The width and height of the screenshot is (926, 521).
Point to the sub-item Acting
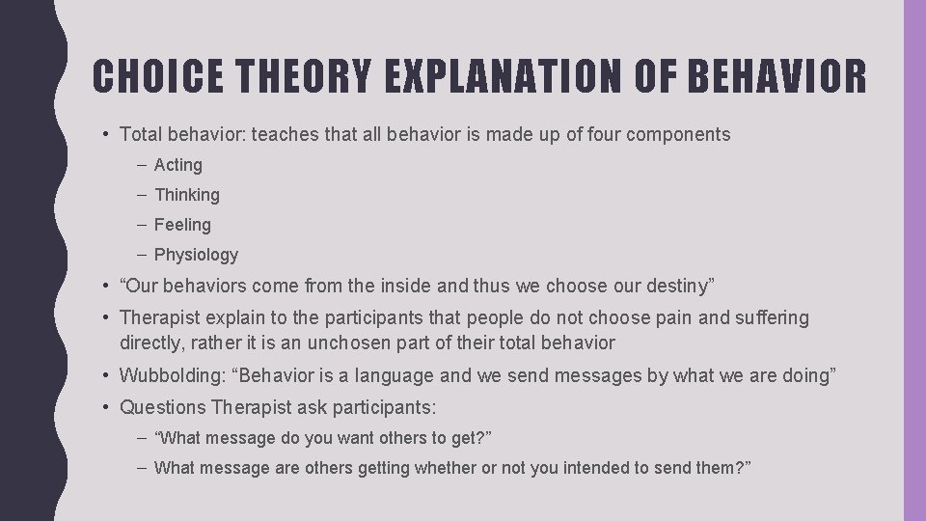178,165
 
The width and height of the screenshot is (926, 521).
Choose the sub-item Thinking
187,195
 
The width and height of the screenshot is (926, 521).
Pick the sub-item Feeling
182,225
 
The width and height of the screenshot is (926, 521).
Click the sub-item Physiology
196,255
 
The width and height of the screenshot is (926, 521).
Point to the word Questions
162,407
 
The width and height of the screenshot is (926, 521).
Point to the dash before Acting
142,165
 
